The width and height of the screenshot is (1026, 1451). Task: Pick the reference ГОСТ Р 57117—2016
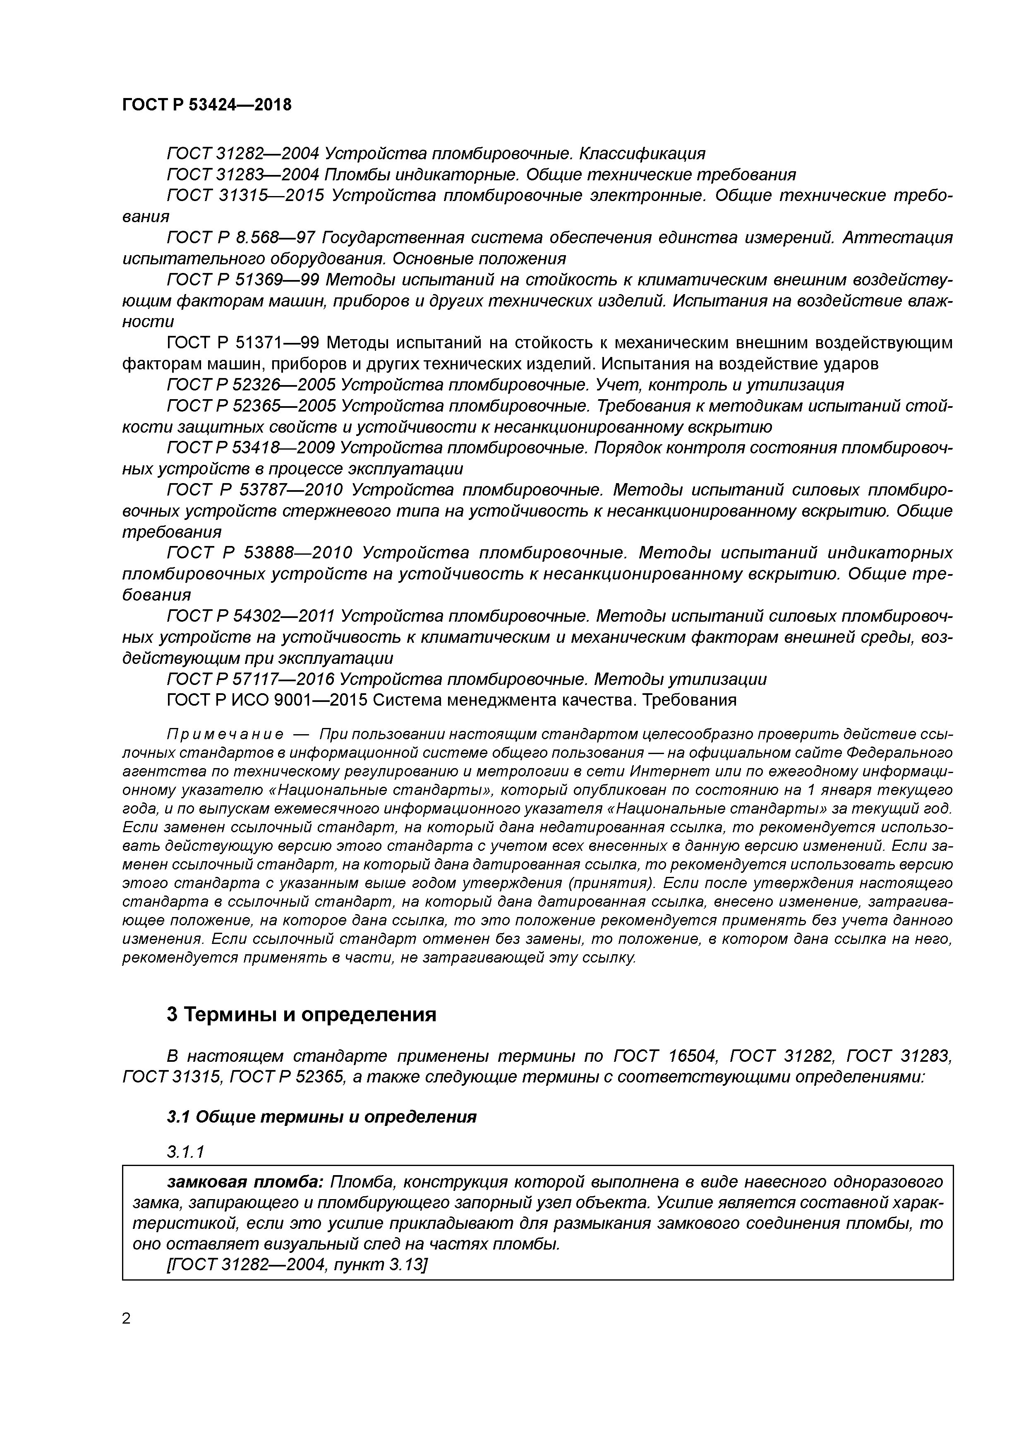tap(250, 679)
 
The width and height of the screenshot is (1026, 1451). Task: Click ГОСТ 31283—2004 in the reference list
tap(243, 175)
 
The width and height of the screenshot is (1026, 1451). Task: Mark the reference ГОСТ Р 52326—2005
tap(250, 385)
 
